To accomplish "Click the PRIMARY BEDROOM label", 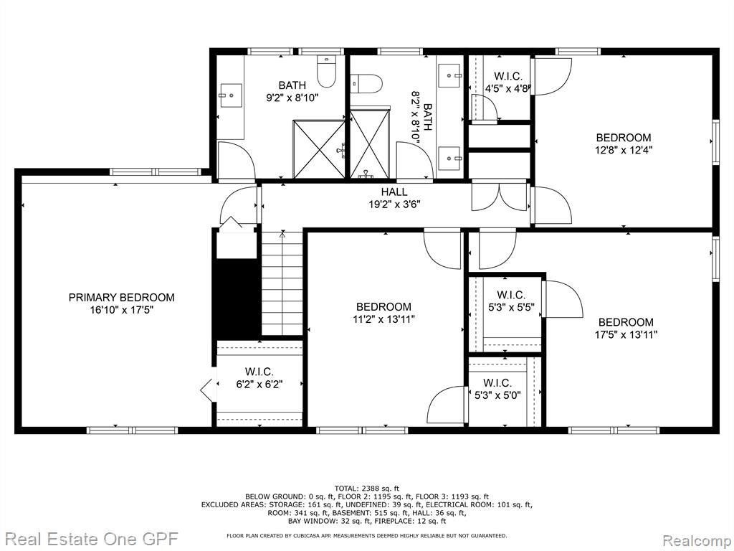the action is (x=121, y=298).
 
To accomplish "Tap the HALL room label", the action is (x=394, y=192).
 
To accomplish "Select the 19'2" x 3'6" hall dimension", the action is (x=394, y=204).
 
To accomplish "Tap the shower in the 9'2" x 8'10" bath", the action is (x=319, y=149).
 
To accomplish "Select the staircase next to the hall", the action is (x=282, y=283).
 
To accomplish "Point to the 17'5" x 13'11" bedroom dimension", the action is (x=626, y=335).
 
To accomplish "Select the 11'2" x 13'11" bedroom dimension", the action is (x=384, y=319).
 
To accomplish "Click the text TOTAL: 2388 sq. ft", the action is (x=366, y=488).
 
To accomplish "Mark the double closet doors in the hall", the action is (x=500, y=196).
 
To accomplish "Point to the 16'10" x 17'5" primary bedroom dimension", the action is (x=122, y=310).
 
